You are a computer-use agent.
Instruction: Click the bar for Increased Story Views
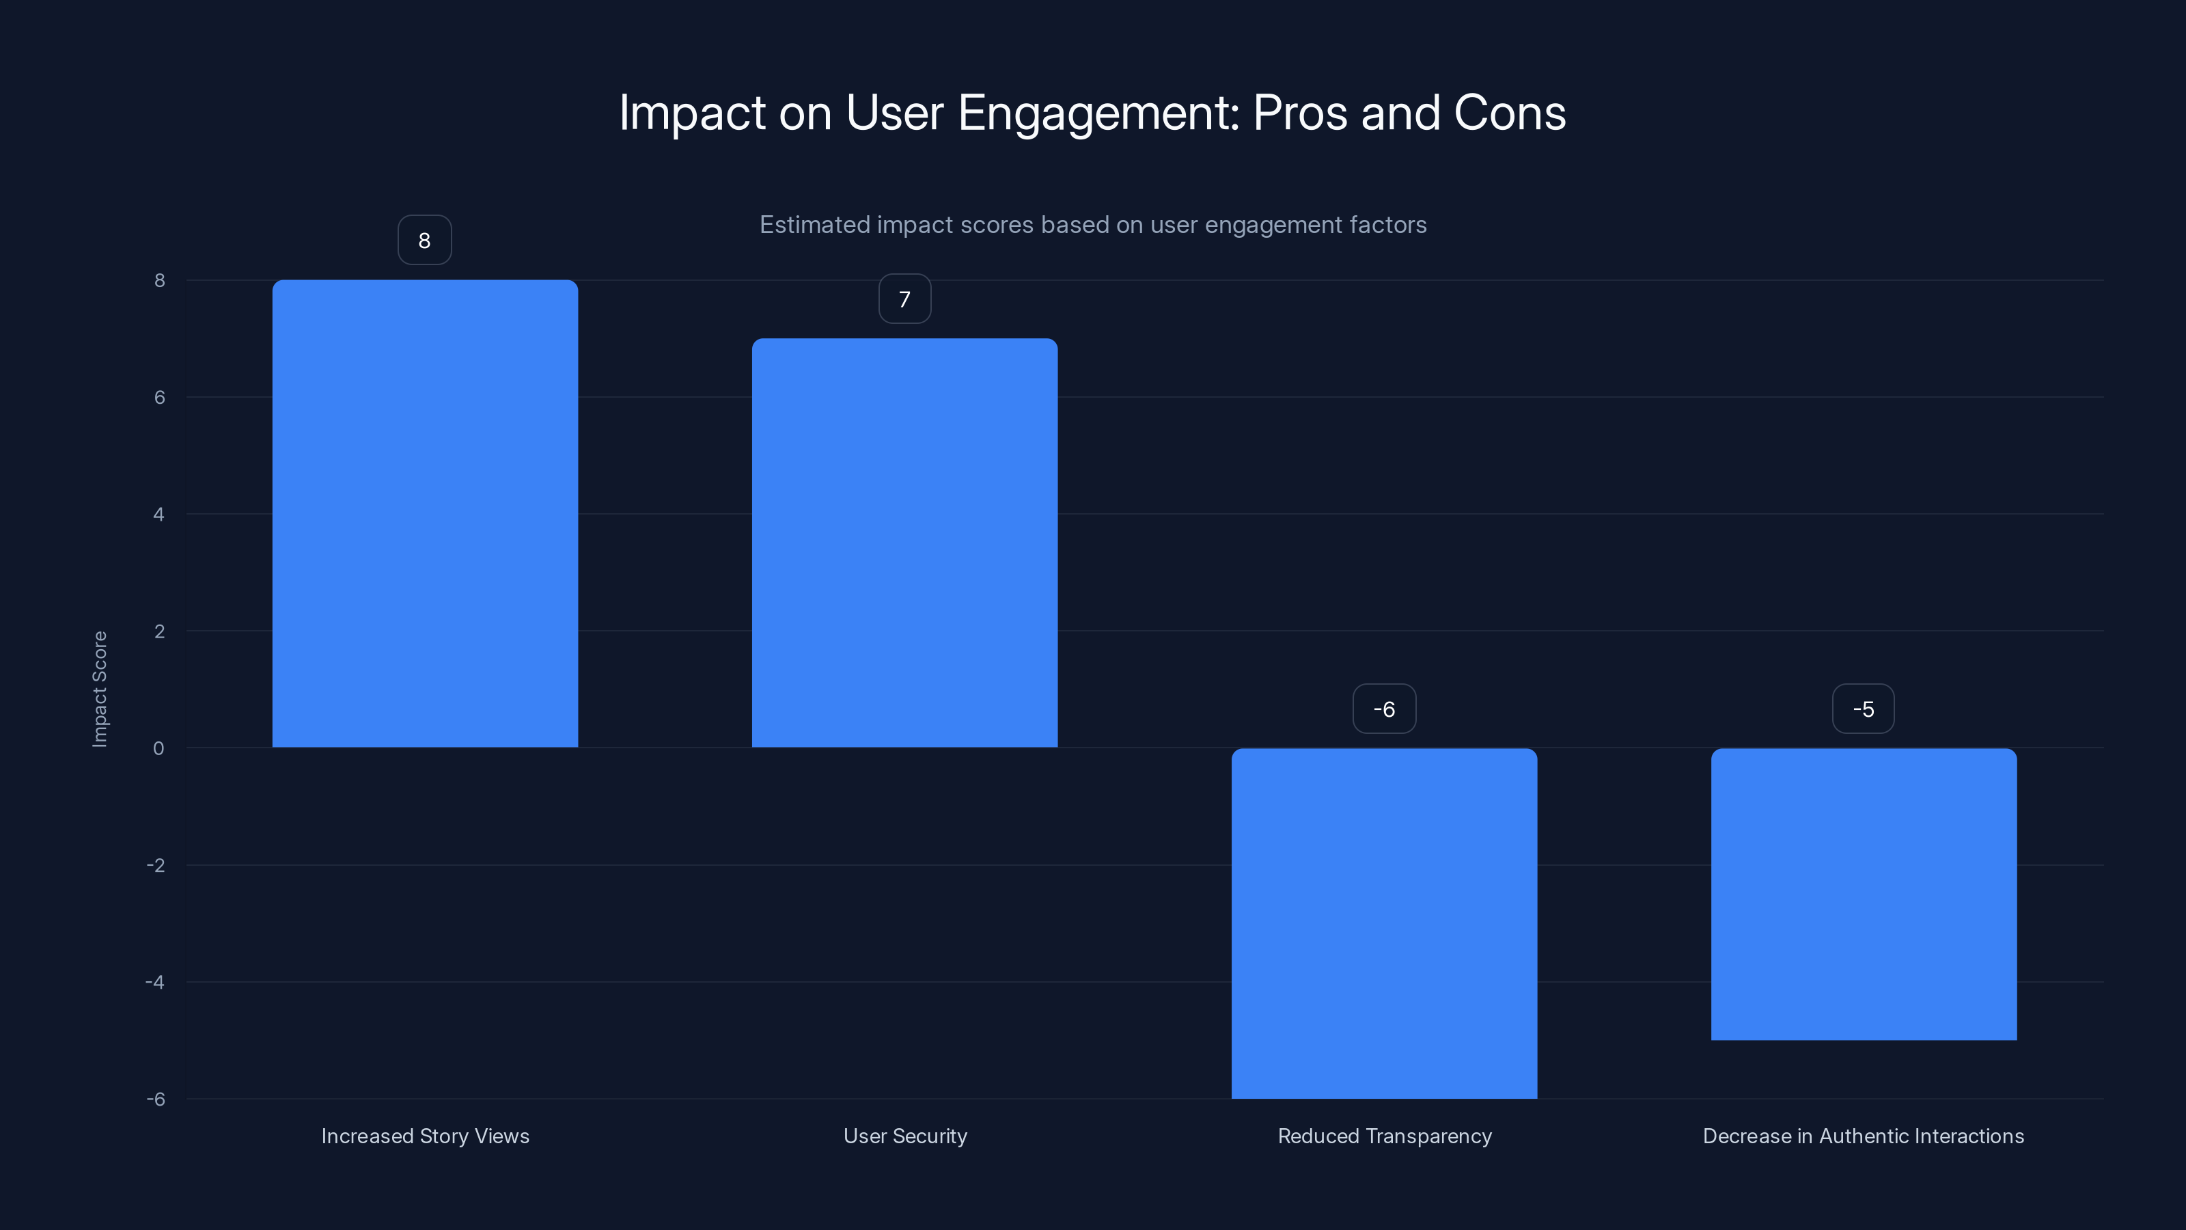click(x=424, y=514)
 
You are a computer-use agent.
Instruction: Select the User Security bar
click(x=904, y=543)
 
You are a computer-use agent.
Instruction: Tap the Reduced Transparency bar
click(x=1384, y=924)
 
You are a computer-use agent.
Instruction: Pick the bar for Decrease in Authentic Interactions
click(x=1864, y=894)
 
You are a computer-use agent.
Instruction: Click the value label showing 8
click(x=424, y=241)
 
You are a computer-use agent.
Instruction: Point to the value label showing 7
click(x=904, y=299)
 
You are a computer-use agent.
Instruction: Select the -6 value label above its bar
click(x=1384, y=709)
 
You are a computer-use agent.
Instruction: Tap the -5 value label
click(x=1864, y=709)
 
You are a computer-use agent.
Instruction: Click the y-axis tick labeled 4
click(x=158, y=515)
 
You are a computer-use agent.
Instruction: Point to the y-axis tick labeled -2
click(x=155, y=865)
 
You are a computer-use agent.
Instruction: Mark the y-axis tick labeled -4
click(x=155, y=982)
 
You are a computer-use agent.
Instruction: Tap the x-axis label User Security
click(x=904, y=1136)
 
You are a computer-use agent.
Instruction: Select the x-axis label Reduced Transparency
click(x=1384, y=1136)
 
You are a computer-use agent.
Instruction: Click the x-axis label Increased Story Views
click(x=424, y=1136)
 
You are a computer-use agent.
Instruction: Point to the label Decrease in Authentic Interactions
click(x=1864, y=1136)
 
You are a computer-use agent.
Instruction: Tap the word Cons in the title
click(x=1509, y=113)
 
